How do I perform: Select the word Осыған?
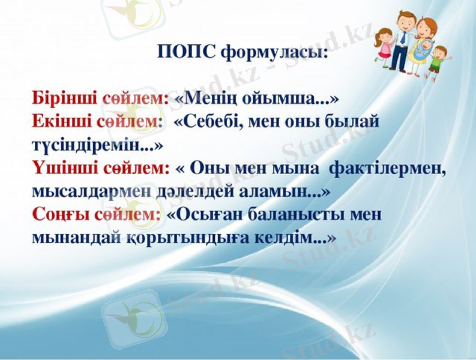pyautogui.click(x=208, y=214)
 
